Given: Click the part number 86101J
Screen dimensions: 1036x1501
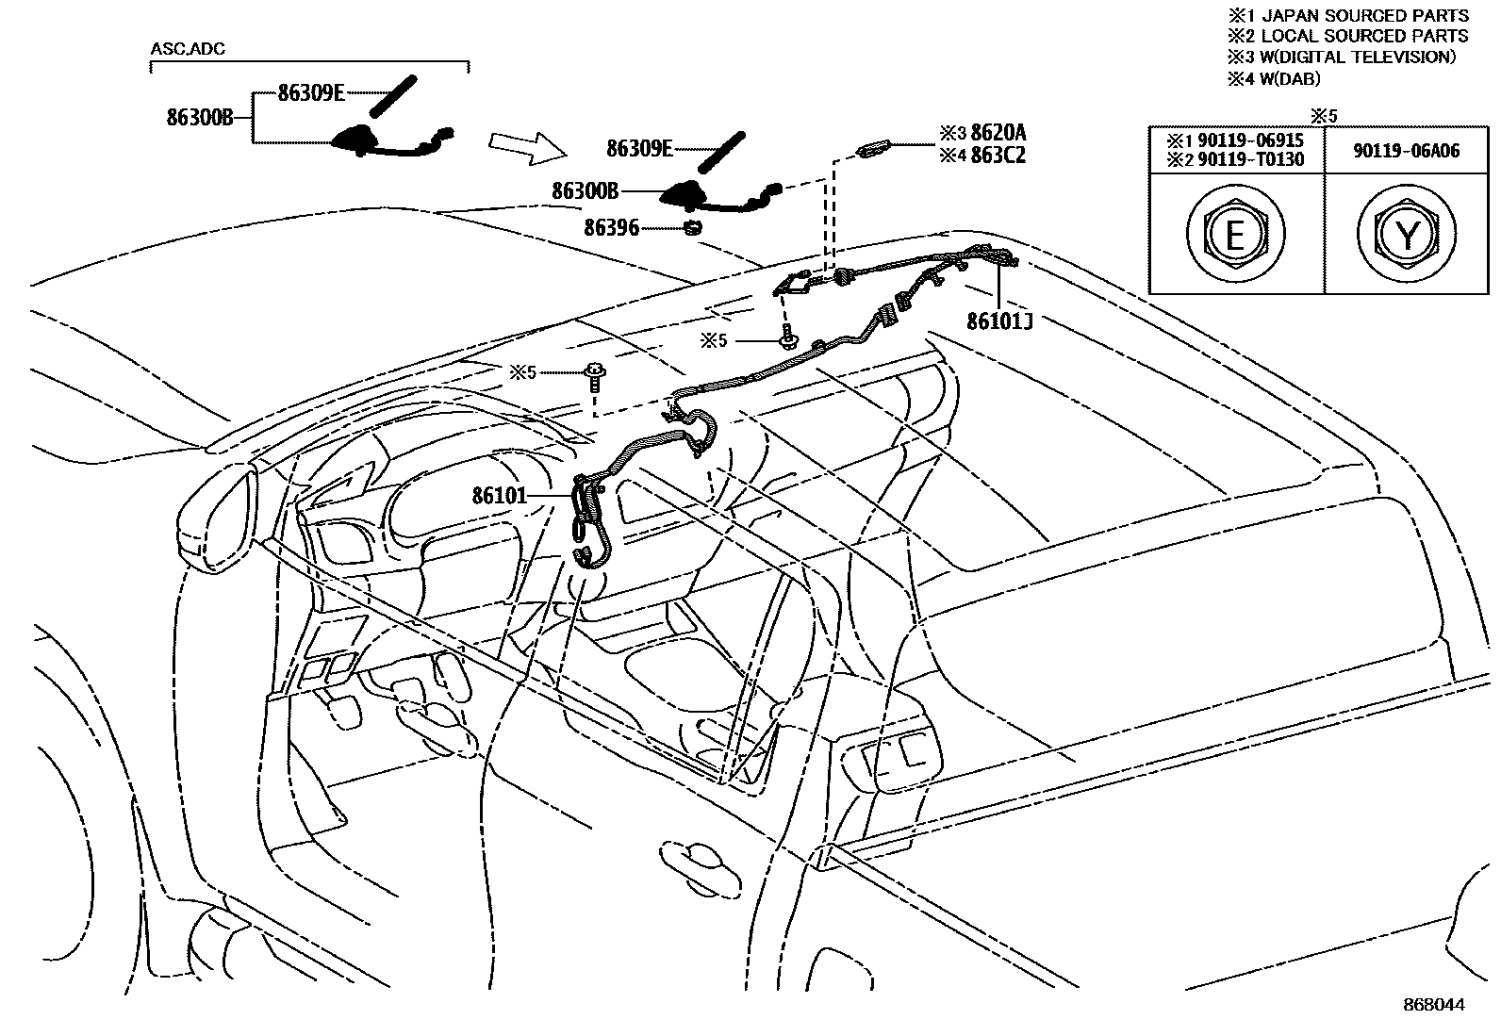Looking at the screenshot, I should (999, 321).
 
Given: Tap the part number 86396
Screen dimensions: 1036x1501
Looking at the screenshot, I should (611, 227).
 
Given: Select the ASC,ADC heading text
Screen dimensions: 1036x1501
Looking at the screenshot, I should (188, 49).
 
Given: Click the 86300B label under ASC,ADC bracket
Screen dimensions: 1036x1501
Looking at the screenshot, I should (199, 118).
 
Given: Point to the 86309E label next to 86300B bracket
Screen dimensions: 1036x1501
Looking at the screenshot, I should (311, 92).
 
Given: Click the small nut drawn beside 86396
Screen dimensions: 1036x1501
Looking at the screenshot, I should (695, 227).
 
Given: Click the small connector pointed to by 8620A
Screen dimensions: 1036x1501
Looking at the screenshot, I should (873, 149).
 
